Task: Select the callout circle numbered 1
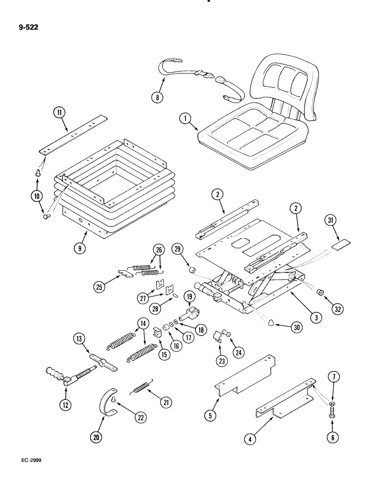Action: (184, 118)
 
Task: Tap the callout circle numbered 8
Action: (157, 97)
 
